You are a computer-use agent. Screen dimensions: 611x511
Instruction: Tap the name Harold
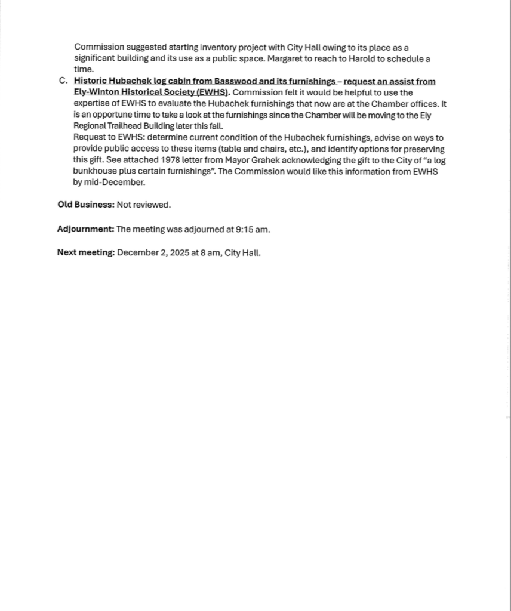[x=361, y=58]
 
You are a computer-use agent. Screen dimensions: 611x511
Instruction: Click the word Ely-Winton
[x=96, y=92]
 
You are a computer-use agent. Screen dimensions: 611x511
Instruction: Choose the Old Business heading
[x=85, y=205]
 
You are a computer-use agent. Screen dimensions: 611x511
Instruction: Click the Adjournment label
[x=85, y=229]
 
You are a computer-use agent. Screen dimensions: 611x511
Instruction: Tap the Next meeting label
[x=86, y=252]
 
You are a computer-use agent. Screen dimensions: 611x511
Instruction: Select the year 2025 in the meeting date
[x=180, y=252]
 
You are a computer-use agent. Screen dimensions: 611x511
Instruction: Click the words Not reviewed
[x=143, y=205]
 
